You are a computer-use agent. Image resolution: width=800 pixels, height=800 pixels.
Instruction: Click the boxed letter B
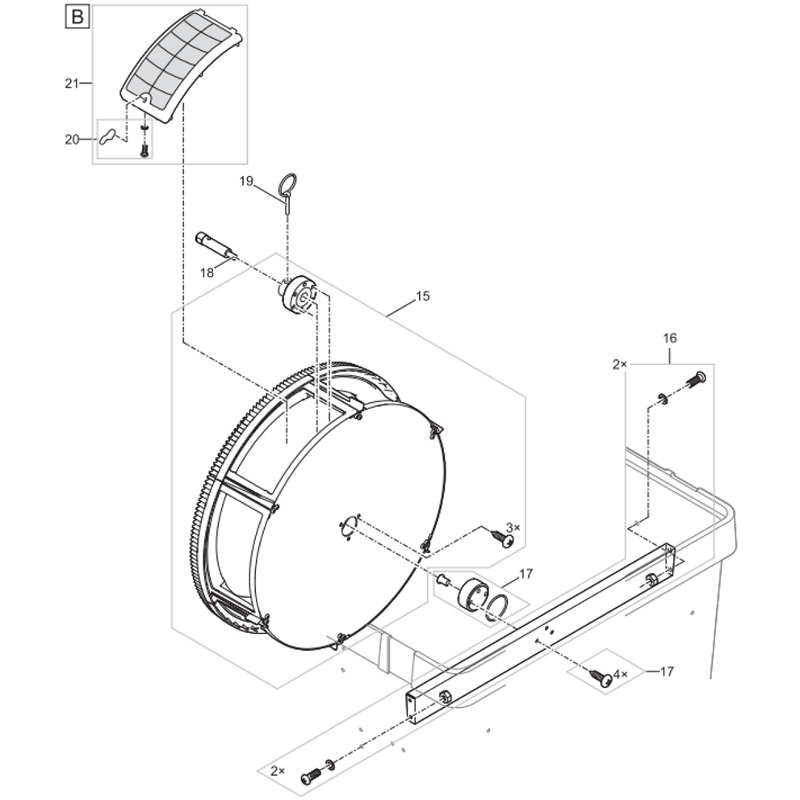pyautogui.click(x=77, y=17)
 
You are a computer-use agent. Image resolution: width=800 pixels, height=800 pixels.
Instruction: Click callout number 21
pyautogui.click(x=72, y=82)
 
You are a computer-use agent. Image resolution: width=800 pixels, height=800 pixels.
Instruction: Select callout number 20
pyautogui.click(x=72, y=140)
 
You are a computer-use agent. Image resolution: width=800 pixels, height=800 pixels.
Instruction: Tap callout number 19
pyautogui.click(x=246, y=181)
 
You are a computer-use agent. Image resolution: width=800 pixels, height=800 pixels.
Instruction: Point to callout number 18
pyautogui.click(x=207, y=273)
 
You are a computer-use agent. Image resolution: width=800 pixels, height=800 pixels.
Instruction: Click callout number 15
pyautogui.click(x=423, y=296)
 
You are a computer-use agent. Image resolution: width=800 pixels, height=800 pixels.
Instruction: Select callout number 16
pyautogui.click(x=670, y=337)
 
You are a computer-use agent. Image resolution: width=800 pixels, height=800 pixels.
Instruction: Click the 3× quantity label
pyautogui.click(x=513, y=527)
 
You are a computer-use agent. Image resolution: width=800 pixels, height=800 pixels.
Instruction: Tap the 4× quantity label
pyautogui.click(x=621, y=675)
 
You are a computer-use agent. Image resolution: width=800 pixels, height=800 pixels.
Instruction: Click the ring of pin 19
pyautogui.click(x=287, y=182)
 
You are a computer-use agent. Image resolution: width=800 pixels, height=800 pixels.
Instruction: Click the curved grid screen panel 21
pyautogui.click(x=181, y=66)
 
